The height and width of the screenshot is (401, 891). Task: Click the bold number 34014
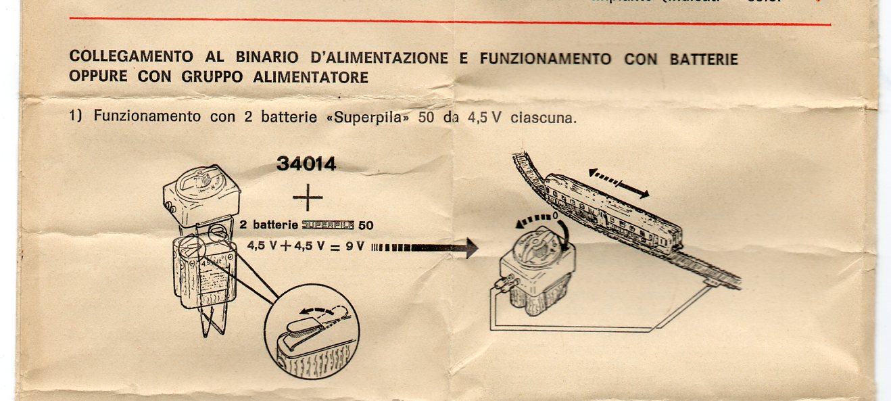point(306,164)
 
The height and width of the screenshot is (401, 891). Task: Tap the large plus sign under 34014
point(308,197)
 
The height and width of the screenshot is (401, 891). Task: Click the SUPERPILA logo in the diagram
point(328,225)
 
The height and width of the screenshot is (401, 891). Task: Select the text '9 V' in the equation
point(354,247)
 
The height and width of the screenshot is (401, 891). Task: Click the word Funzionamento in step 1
point(147,116)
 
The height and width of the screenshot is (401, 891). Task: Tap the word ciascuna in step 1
point(544,118)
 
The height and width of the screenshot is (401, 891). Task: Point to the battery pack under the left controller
point(204,274)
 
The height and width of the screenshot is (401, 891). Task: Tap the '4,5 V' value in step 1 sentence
point(484,118)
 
